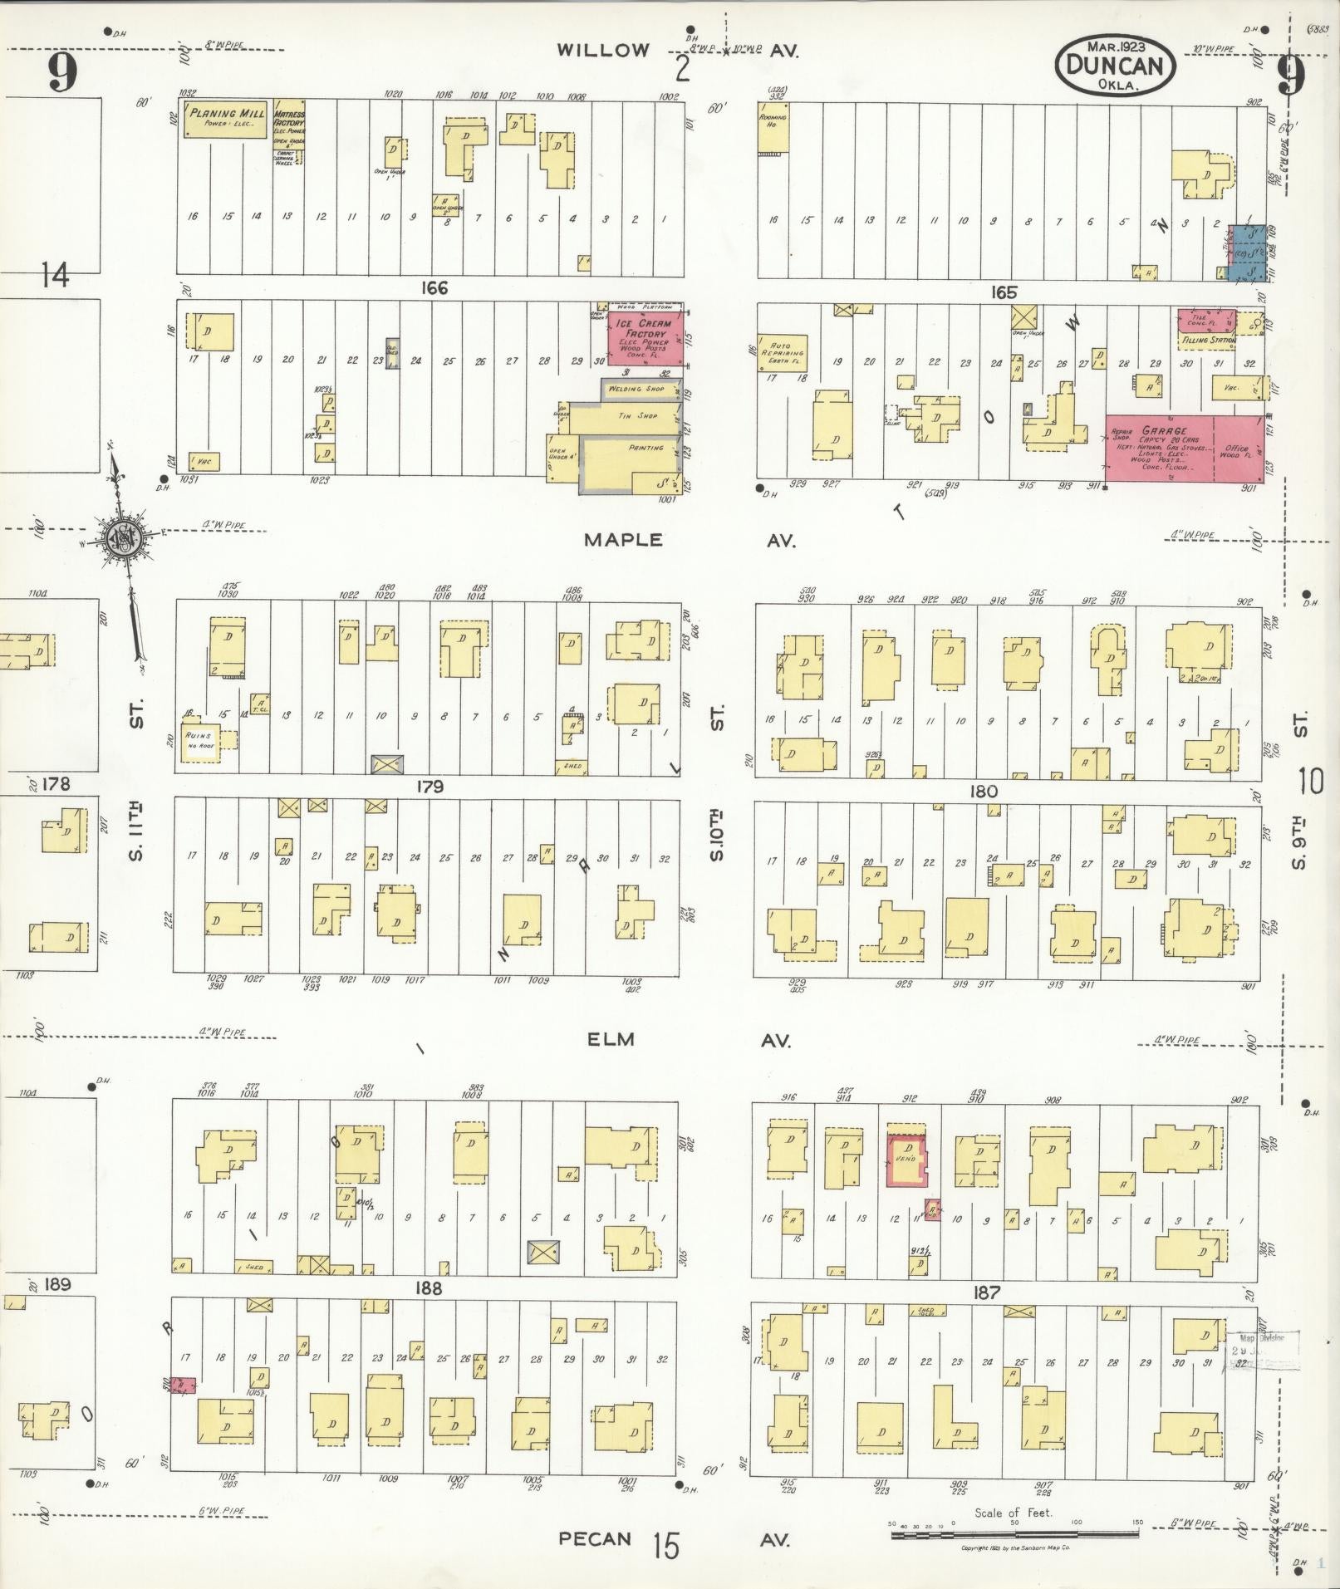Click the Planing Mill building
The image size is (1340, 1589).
tap(218, 120)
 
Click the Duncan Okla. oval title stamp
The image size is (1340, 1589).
tap(1115, 65)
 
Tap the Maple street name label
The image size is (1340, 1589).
tap(623, 541)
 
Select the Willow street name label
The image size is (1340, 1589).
tap(603, 51)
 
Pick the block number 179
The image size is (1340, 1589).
tap(430, 787)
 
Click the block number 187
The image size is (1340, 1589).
tap(987, 1293)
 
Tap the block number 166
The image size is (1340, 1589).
tap(434, 288)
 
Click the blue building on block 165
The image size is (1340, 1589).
tap(1249, 253)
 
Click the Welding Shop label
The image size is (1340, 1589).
tap(636, 389)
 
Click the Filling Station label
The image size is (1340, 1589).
tap(1209, 340)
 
